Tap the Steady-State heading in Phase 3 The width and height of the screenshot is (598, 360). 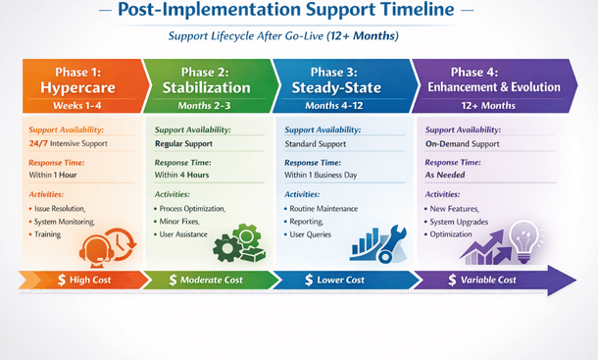tap(340, 87)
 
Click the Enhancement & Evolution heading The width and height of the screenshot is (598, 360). tap(488, 87)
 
